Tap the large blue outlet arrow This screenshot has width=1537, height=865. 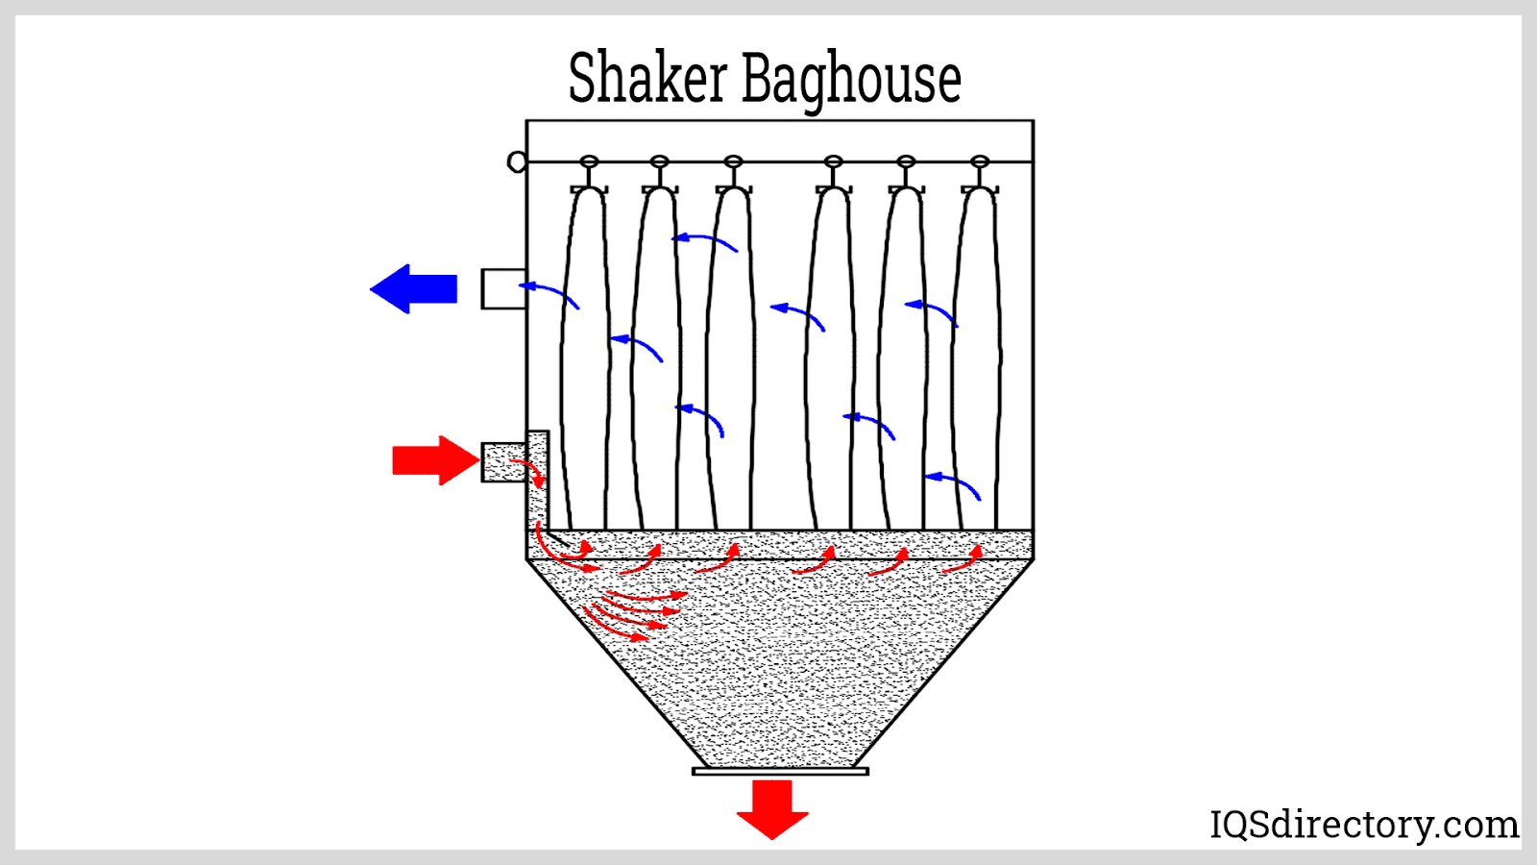[x=414, y=288]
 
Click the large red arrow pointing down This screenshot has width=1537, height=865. [x=772, y=807]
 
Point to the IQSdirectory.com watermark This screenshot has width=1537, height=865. [x=1363, y=825]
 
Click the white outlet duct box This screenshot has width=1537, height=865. [x=502, y=288]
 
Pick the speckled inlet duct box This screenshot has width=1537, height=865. [x=502, y=461]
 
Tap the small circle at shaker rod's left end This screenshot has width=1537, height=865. [x=517, y=161]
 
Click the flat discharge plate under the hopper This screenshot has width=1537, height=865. [x=780, y=771]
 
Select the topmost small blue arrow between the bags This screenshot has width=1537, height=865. [x=705, y=241]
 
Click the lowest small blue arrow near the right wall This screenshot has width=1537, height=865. [x=953, y=484]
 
